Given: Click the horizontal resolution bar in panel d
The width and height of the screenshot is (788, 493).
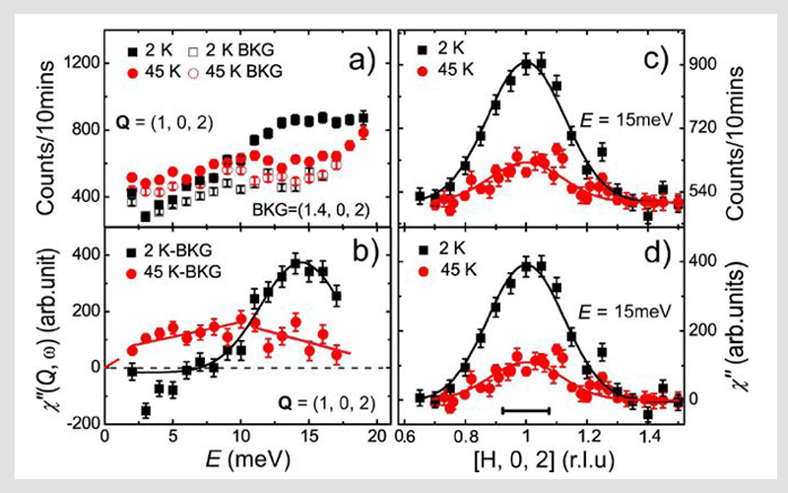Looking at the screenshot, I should (525, 408).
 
